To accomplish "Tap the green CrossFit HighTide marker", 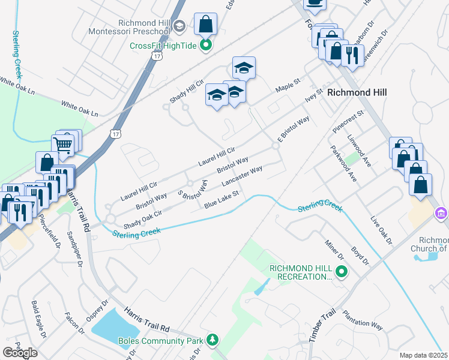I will click(x=206, y=44).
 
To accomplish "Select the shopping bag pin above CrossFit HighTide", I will click(x=205, y=25).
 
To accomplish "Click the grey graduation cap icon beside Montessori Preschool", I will click(x=179, y=26).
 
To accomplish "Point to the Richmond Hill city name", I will click(x=357, y=92).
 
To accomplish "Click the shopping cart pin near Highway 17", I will click(x=64, y=144).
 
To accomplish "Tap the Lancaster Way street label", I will click(x=242, y=176).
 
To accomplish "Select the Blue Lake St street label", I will click(x=221, y=200).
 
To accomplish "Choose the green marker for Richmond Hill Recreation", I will click(x=342, y=272).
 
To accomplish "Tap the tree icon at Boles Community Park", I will click(x=212, y=340).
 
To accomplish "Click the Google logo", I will click(x=20, y=352).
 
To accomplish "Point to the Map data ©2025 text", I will click(x=424, y=355).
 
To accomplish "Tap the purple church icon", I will click(x=441, y=213).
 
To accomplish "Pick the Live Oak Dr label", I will click(x=381, y=230).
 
